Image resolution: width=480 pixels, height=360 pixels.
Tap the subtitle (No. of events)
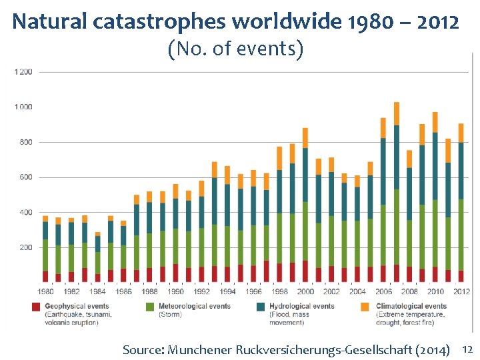click(236, 49)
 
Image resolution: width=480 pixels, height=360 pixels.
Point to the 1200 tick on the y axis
click(23, 71)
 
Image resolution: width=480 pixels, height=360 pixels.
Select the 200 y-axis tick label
click(25, 247)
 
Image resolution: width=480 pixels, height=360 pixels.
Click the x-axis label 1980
click(45, 291)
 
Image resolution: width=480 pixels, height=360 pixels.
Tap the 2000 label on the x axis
click(305, 291)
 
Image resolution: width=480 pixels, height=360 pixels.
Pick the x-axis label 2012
click(461, 291)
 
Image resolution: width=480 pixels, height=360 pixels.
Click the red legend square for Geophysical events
click(36, 307)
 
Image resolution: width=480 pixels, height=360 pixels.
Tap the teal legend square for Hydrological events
click(260, 307)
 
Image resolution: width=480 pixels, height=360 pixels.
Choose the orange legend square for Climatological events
click(365, 307)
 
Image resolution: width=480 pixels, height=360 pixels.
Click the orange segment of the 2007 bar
click(397, 113)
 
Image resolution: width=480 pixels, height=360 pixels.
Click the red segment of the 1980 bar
click(45, 276)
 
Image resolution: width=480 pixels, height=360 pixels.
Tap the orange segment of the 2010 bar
click(435, 122)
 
